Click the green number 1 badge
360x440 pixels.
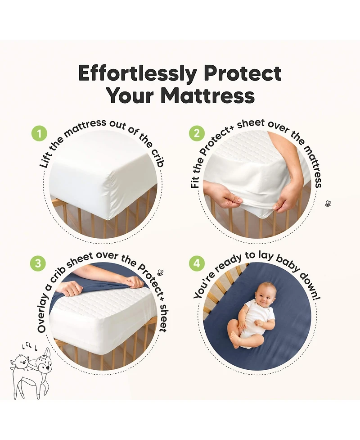[39, 134]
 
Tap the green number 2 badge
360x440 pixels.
[197, 134]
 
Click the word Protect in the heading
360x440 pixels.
[243, 73]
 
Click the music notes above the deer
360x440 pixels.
[28, 345]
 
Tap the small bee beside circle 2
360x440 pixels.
[328, 204]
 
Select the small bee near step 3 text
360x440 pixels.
[160, 272]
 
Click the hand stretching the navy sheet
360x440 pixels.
[130, 282]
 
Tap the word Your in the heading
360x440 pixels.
[130, 95]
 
